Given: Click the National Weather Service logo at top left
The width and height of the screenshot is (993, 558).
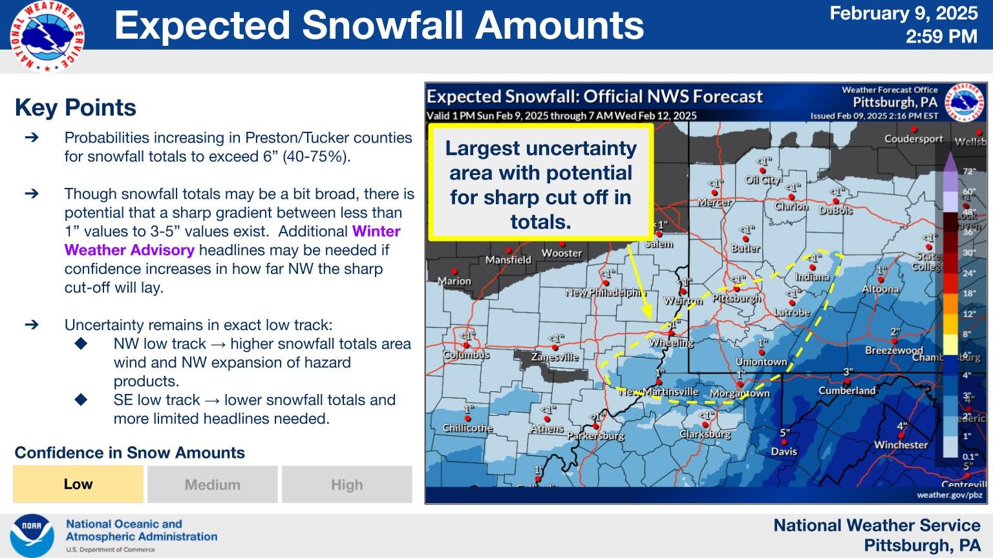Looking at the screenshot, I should click(47, 36).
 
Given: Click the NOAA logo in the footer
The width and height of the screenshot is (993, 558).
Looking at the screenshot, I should click(32, 535).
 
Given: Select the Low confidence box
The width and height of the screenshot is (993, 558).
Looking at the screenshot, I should click(78, 484).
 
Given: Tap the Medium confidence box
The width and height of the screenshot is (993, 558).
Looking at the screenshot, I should click(213, 484).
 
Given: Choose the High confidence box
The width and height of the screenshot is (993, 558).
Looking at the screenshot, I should click(347, 484).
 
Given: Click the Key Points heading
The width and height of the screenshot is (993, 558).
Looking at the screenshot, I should click(76, 107).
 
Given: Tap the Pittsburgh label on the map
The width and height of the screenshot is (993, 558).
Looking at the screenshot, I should click(736, 298).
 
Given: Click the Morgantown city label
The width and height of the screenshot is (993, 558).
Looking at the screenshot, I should click(740, 393).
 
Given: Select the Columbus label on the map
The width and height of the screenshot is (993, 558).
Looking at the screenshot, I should click(466, 355).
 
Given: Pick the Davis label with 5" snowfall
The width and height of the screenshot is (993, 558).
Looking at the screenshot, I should click(784, 451).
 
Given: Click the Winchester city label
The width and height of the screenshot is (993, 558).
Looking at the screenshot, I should click(901, 444).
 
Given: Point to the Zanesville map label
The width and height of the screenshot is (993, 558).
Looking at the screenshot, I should click(555, 356).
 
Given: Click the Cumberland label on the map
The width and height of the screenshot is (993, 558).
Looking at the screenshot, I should click(847, 390).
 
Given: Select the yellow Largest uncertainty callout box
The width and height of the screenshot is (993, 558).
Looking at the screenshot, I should click(540, 184).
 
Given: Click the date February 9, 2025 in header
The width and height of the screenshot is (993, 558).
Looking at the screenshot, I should click(903, 13).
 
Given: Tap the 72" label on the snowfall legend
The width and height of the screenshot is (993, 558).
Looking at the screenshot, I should click(968, 172).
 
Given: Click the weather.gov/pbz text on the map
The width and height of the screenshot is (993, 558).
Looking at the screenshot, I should click(949, 495).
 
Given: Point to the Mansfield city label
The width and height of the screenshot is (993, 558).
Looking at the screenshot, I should click(508, 260).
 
